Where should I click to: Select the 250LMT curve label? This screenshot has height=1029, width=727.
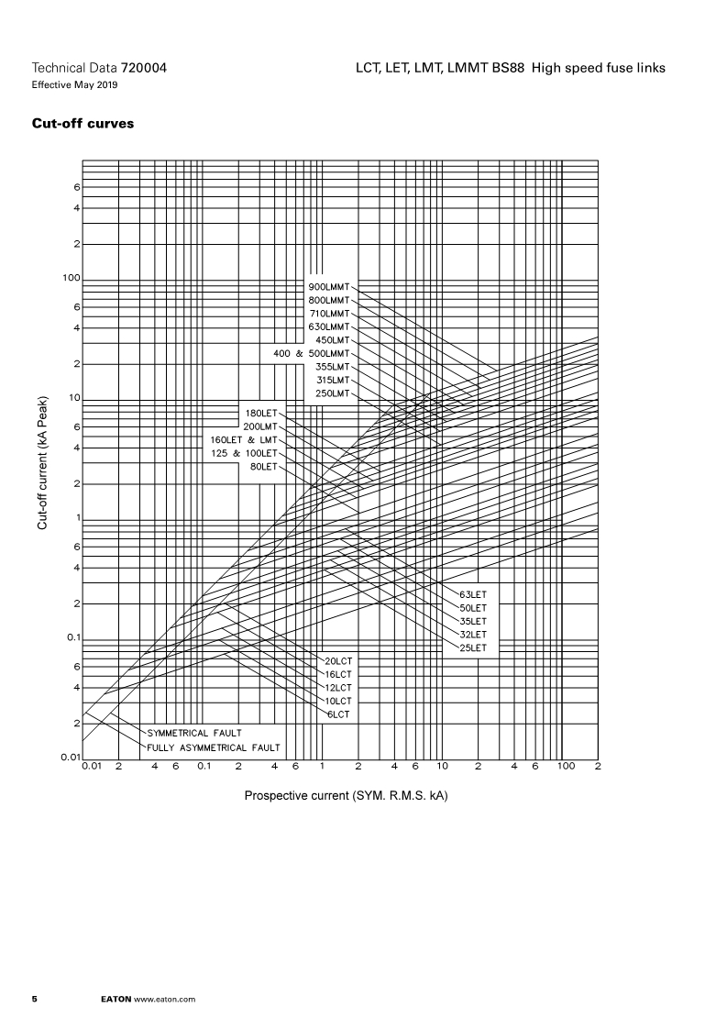(332, 393)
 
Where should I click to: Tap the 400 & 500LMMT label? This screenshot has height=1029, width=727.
(312, 353)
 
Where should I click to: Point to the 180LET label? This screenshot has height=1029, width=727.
(260, 413)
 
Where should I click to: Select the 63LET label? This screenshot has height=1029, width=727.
(473, 594)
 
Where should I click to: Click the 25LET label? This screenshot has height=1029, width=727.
(473, 647)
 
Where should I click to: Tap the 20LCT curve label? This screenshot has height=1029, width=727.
(338, 660)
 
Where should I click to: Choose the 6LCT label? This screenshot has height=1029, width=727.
(338, 714)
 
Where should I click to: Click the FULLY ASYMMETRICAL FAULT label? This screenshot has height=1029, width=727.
(214, 747)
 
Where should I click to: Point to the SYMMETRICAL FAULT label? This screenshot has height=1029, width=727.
(194, 733)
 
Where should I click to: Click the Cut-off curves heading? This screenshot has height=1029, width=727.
(83, 124)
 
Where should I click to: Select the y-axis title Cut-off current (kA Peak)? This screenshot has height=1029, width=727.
(42, 463)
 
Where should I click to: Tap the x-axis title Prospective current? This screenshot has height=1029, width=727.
(346, 794)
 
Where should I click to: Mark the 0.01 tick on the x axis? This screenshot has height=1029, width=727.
(92, 766)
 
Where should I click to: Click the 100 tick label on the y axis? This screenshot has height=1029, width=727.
(72, 277)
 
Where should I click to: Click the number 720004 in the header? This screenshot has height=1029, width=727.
(144, 69)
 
